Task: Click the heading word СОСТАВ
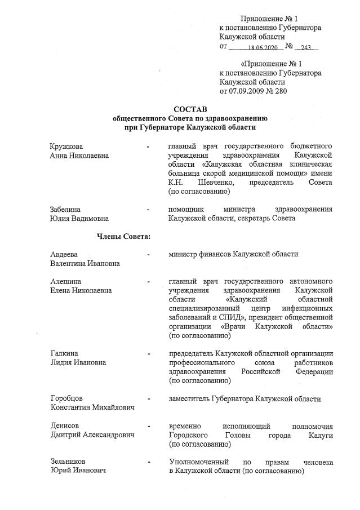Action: click(190, 108)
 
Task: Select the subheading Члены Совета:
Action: click(123, 236)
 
